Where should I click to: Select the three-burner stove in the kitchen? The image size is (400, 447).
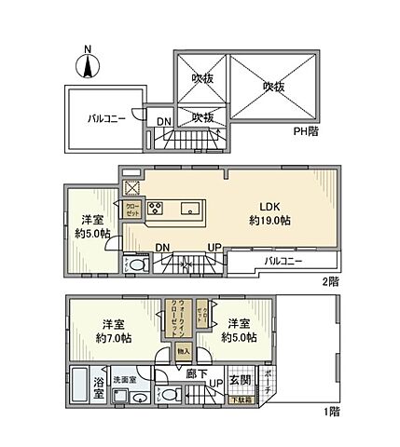tap(156, 209)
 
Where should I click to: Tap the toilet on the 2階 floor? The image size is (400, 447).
tap(136, 265)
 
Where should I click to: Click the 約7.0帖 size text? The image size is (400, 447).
tap(117, 338)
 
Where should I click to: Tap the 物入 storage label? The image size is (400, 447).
tap(185, 352)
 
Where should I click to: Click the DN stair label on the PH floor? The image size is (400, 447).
tap(163, 121)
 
